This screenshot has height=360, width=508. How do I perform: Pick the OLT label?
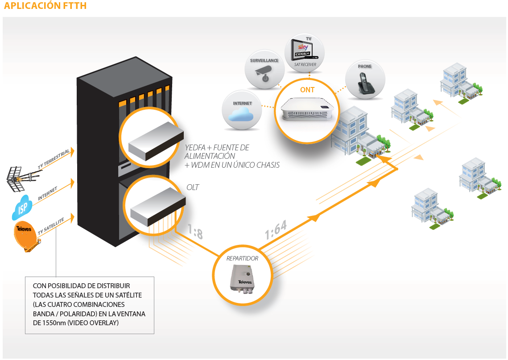point(193,187)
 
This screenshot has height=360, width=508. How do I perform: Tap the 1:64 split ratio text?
point(275,229)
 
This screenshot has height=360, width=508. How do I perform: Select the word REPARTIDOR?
point(242,258)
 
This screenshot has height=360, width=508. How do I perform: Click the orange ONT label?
point(307,90)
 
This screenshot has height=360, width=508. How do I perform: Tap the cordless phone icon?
point(364,82)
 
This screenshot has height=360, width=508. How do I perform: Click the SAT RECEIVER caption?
point(305,65)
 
